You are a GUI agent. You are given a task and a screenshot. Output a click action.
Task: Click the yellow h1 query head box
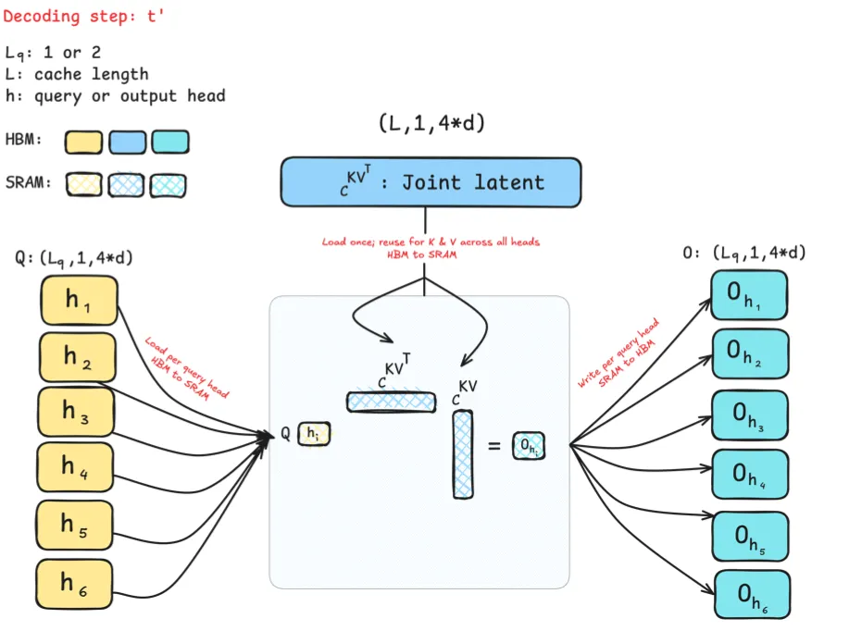point(78,300)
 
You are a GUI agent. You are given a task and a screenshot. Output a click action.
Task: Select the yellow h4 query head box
point(78,468)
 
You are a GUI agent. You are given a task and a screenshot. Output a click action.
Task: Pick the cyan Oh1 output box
point(748,295)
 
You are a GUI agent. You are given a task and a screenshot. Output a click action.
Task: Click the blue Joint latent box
point(431,182)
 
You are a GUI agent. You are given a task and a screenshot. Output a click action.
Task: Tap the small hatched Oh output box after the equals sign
point(530,446)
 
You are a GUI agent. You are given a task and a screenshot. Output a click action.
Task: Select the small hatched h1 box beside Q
point(314,433)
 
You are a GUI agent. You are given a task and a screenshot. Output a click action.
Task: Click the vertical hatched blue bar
point(463,453)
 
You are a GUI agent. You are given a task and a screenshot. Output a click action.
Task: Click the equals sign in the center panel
point(494,446)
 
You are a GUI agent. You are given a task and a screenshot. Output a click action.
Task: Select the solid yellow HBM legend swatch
point(82,142)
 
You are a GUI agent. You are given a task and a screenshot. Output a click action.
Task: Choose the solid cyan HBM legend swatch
point(170,142)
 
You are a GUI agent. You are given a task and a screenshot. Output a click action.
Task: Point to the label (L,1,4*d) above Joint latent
point(431,123)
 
